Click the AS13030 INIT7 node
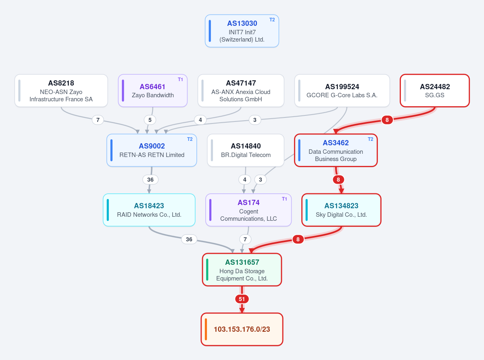click(x=242, y=31)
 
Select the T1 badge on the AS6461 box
click(x=180, y=80)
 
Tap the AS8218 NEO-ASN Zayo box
click(x=61, y=91)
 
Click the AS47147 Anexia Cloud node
click(x=241, y=91)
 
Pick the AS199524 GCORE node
click(x=342, y=91)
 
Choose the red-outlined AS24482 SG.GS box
click(x=435, y=91)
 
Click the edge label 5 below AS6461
click(x=150, y=120)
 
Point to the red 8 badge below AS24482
click(x=387, y=120)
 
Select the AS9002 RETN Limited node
click(x=152, y=150)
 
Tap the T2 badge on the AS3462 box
click(x=371, y=139)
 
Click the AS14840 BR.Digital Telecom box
click(x=246, y=150)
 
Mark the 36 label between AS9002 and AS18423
click(x=150, y=180)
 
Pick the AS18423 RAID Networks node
click(x=149, y=210)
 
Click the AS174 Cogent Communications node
click(x=248, y=210)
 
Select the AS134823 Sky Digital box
click(x=341, y=210)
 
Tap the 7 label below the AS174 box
click(x=245, y=239)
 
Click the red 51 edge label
click(x=242, y=299)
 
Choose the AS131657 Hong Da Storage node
click(x=242, y=270)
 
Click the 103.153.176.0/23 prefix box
click(x=242, y=329)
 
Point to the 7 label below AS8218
click(x=98, y=120)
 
